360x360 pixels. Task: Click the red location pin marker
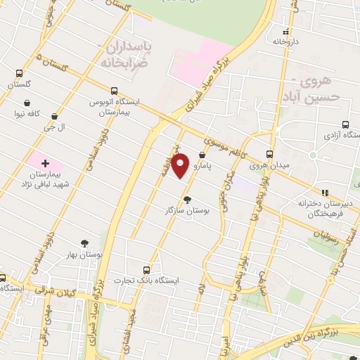181,165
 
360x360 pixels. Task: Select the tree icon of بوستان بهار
85,243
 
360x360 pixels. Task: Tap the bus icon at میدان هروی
269,155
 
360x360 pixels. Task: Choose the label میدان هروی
271,166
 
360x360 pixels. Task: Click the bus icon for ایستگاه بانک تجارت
146,269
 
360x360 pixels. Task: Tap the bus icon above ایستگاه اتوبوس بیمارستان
114,91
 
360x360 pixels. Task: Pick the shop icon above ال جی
54,116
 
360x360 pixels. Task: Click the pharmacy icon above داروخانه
285,32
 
